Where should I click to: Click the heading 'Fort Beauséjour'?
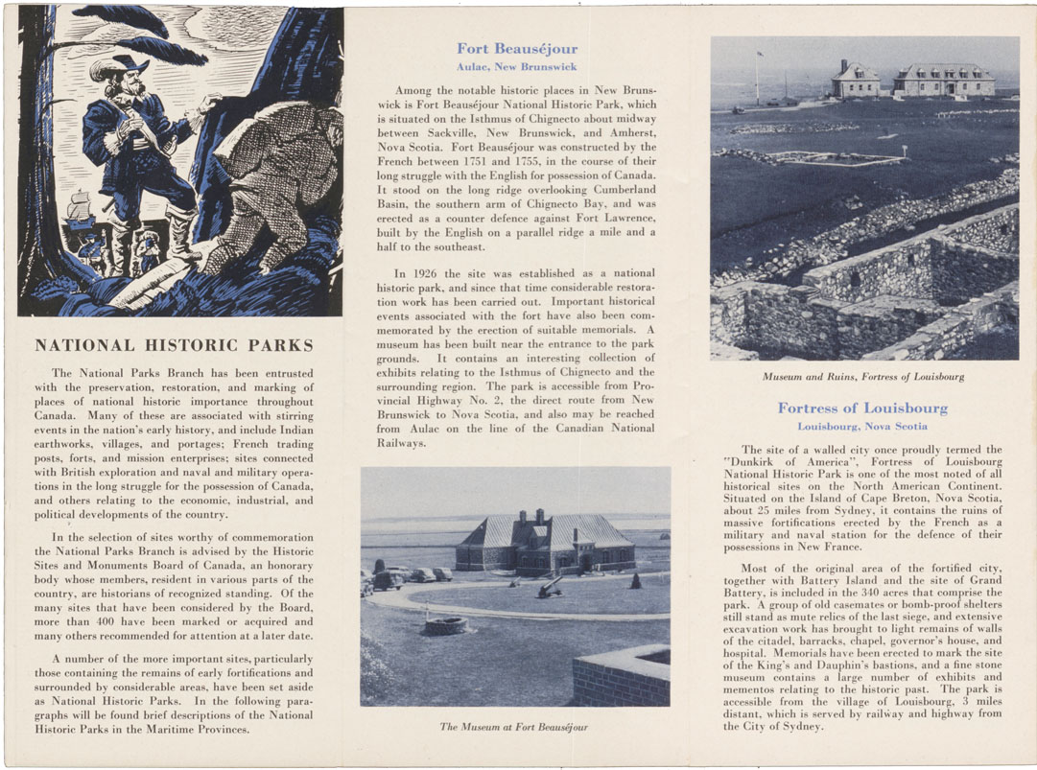pyautogui.click(x=517, y=49)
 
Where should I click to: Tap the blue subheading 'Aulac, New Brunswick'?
pyautogui.click(x=517, y=67)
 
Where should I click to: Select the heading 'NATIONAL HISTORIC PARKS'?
pyautogui.click(x=174, y=345)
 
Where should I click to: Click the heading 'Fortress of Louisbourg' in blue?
pyautogui.click(x=862, y=408)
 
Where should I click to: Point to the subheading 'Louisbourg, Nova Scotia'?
pyautogui.click(x=862, y=426)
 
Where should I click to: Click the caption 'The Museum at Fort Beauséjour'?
pyautogui.click(x=513, y=727)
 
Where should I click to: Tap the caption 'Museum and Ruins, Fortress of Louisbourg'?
pyautogui.click(x=863, y=377)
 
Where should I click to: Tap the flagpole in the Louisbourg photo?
pyautogui.click(x=758, y=77)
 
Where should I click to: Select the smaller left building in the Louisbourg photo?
pyautogui.click(x=855, y=80)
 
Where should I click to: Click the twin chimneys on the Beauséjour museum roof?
pyautogui.click(x=539, y=518)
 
